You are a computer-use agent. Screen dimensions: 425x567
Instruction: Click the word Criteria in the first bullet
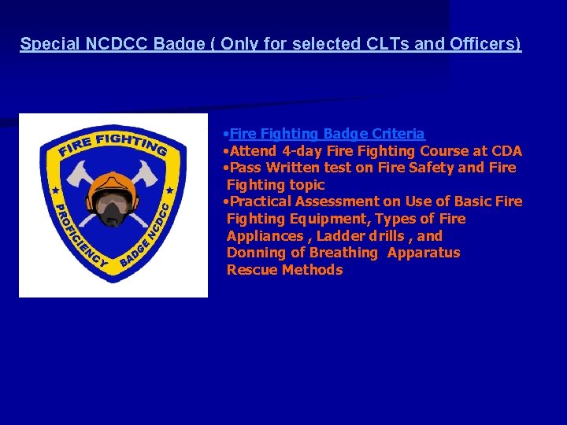coord(397,134)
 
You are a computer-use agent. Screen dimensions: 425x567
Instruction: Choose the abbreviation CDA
coord(504,151)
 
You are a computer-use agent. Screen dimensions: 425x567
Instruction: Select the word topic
coord(308,185)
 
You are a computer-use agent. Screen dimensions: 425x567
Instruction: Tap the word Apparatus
coord(424,253)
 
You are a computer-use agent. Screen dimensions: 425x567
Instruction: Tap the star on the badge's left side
coord(54,191)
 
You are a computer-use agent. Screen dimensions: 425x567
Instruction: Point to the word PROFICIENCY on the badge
coord(76,236)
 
